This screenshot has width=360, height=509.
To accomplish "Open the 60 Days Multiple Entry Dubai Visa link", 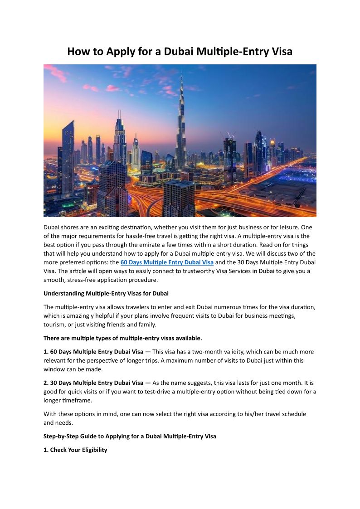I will tap(167, 262).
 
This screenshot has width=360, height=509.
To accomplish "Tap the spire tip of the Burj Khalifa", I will tap(181, 76).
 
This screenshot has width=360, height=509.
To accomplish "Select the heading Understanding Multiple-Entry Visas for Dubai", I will tap(106, 293).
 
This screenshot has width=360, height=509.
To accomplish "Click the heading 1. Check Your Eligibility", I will tap(75, 450).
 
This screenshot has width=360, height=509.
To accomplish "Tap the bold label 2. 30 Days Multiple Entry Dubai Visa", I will tap(93, 383).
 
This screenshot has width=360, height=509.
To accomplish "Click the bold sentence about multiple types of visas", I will tap(122, 338).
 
